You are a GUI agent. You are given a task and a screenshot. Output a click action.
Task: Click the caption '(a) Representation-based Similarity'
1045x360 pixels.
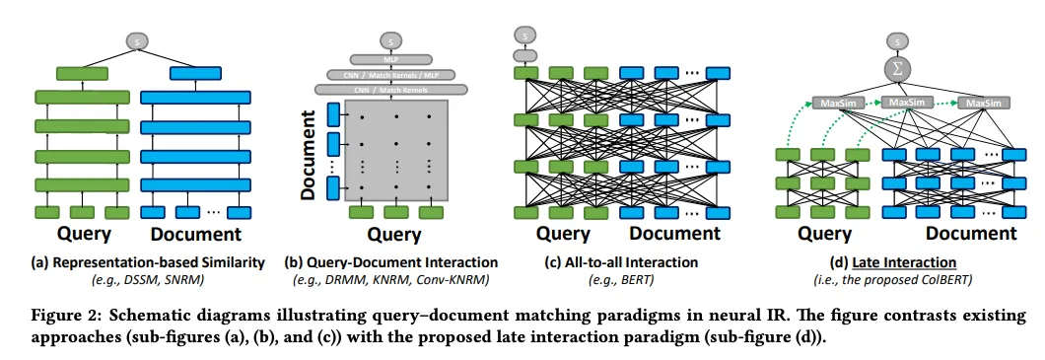[x=137, y=262]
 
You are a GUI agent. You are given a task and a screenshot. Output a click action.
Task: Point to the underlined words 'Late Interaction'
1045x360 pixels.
[x=918, y=262]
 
